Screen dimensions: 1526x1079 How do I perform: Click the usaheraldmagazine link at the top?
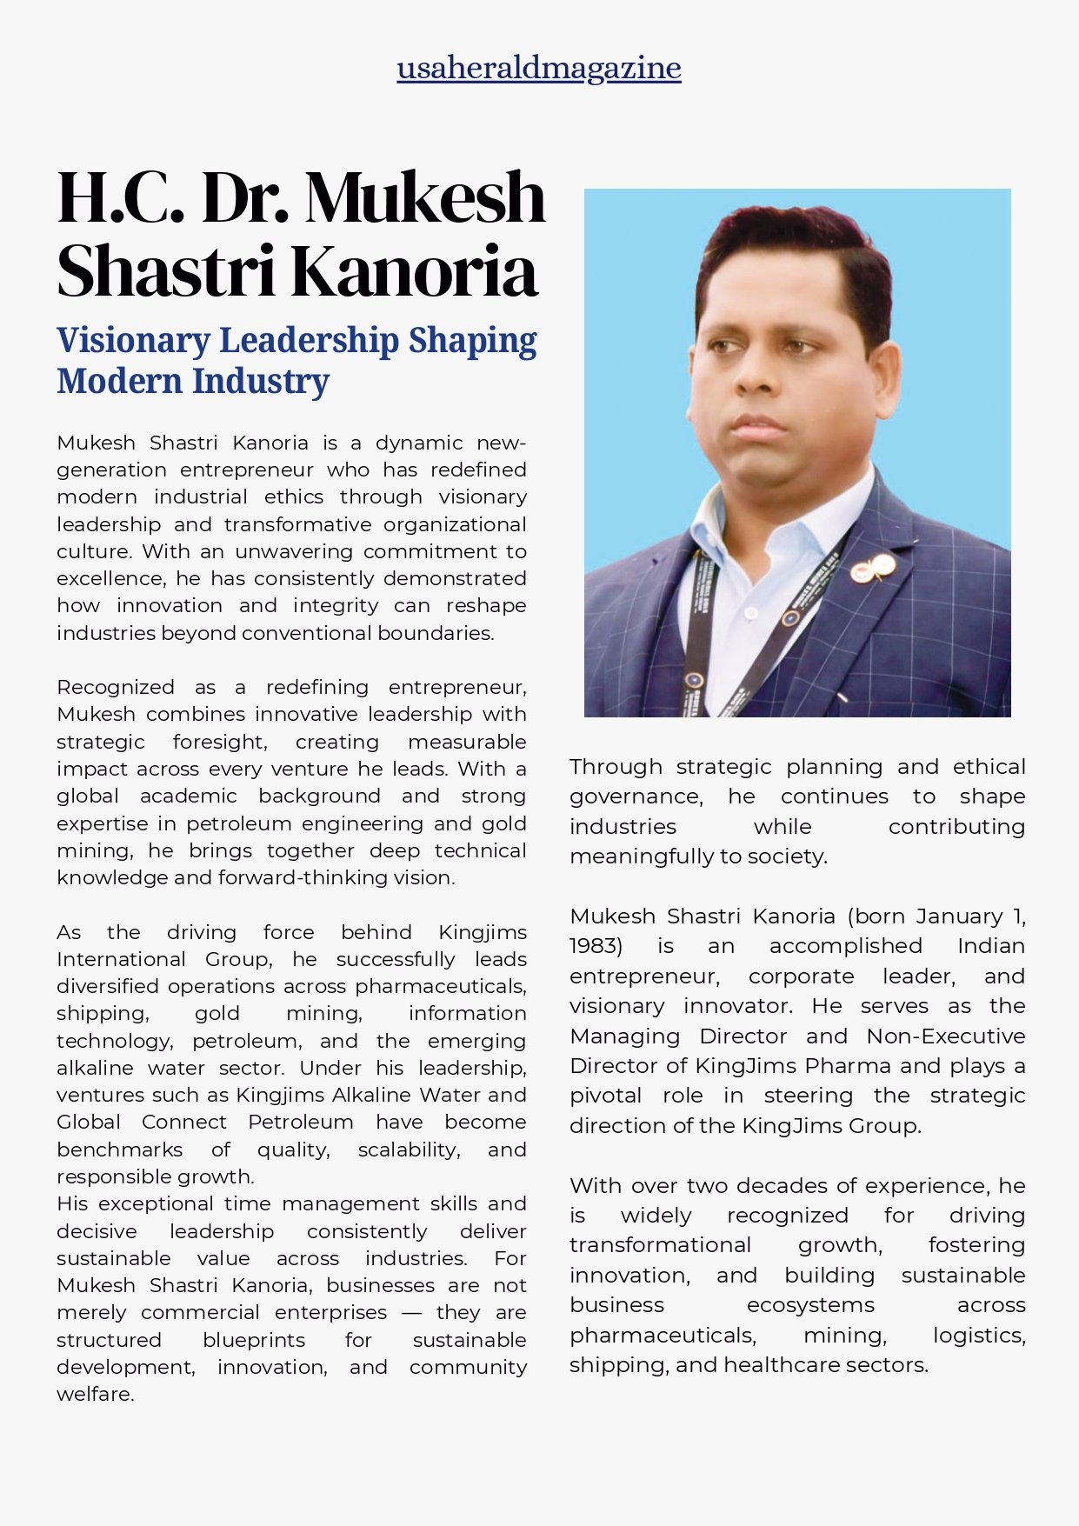[x=539, y=68]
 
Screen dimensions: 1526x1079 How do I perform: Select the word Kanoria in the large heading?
[x=414, y=271]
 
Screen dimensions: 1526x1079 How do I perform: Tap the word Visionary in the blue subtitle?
[x=133, y=341]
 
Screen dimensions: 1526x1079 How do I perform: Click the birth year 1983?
[x=596, y=946]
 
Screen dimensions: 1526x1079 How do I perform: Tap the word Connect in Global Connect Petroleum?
[x=183, y=1123]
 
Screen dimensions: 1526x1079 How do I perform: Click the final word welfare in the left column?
[x=95, y=1395]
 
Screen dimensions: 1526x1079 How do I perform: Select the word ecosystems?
[x=810, y=1306]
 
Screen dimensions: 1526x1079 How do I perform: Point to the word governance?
[x=636, y=797]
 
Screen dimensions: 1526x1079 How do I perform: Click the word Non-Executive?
[x=945, y=1036]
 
